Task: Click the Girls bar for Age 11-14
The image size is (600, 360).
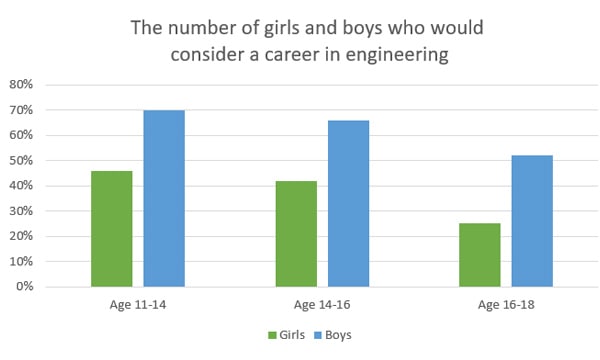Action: point(111,229)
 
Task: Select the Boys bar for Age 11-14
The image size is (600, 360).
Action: point(164,198)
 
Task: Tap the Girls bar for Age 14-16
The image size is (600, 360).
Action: point(295,234)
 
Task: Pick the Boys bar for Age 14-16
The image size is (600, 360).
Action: point(348,203)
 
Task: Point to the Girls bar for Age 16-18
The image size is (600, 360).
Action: point(479,255)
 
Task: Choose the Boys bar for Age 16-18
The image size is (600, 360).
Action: point(532,221)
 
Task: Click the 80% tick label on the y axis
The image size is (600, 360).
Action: point(22,85)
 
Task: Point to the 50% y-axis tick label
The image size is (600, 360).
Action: point(22,161)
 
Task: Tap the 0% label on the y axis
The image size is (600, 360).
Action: point(25,287)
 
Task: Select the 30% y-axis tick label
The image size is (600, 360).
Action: point(22,211)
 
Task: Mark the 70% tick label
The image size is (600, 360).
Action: point(22,110)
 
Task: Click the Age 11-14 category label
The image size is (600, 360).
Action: point(137,305)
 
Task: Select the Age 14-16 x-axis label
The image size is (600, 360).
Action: point(321,305)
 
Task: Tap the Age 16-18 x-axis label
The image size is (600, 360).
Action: point(505,305)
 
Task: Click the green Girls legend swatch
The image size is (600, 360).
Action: point(272,335)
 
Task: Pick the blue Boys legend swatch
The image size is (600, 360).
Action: point(319,335)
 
